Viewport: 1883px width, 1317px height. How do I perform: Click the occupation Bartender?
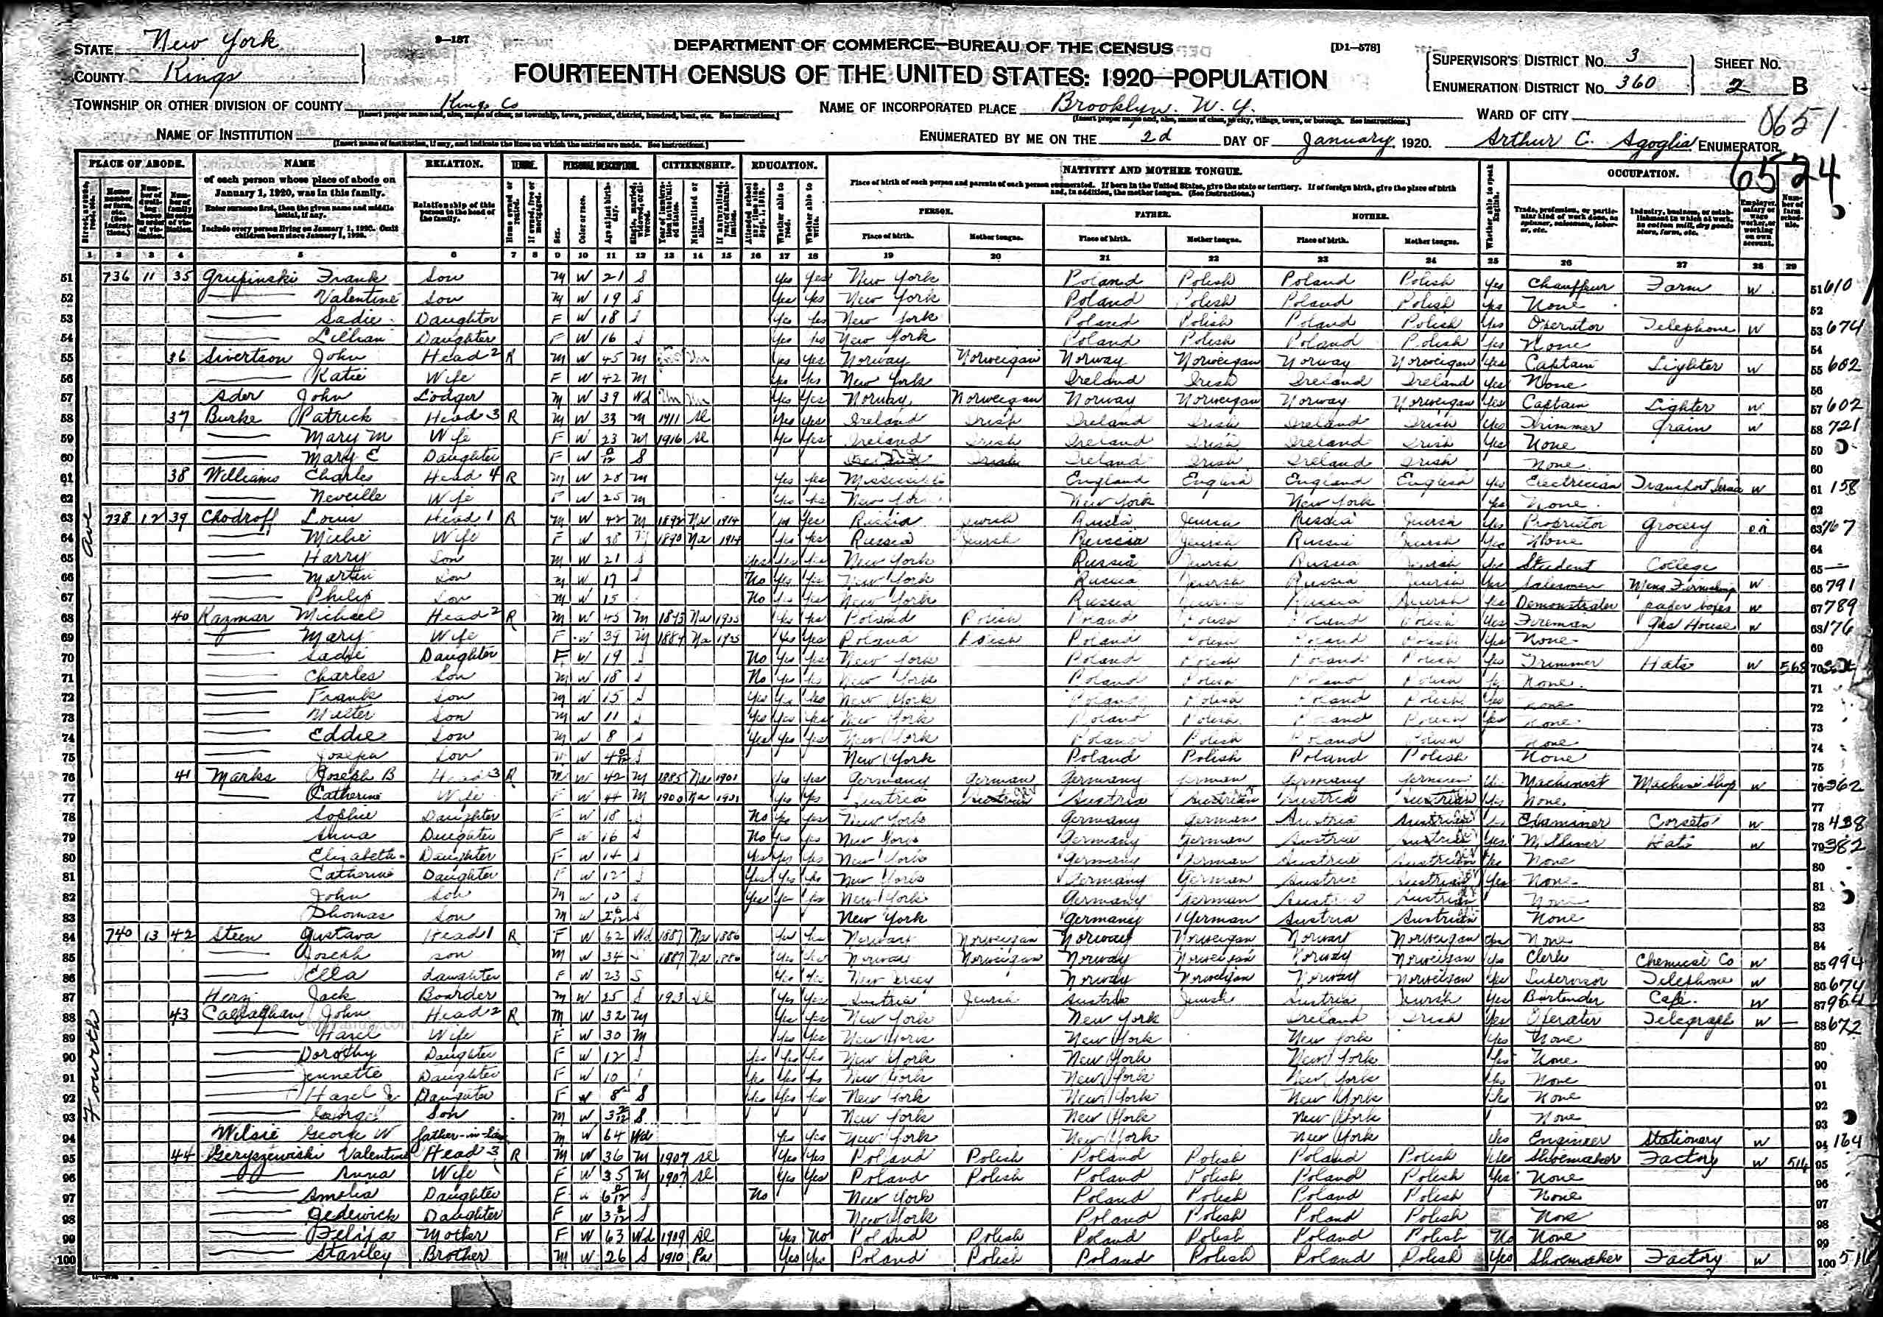point(1558,999)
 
